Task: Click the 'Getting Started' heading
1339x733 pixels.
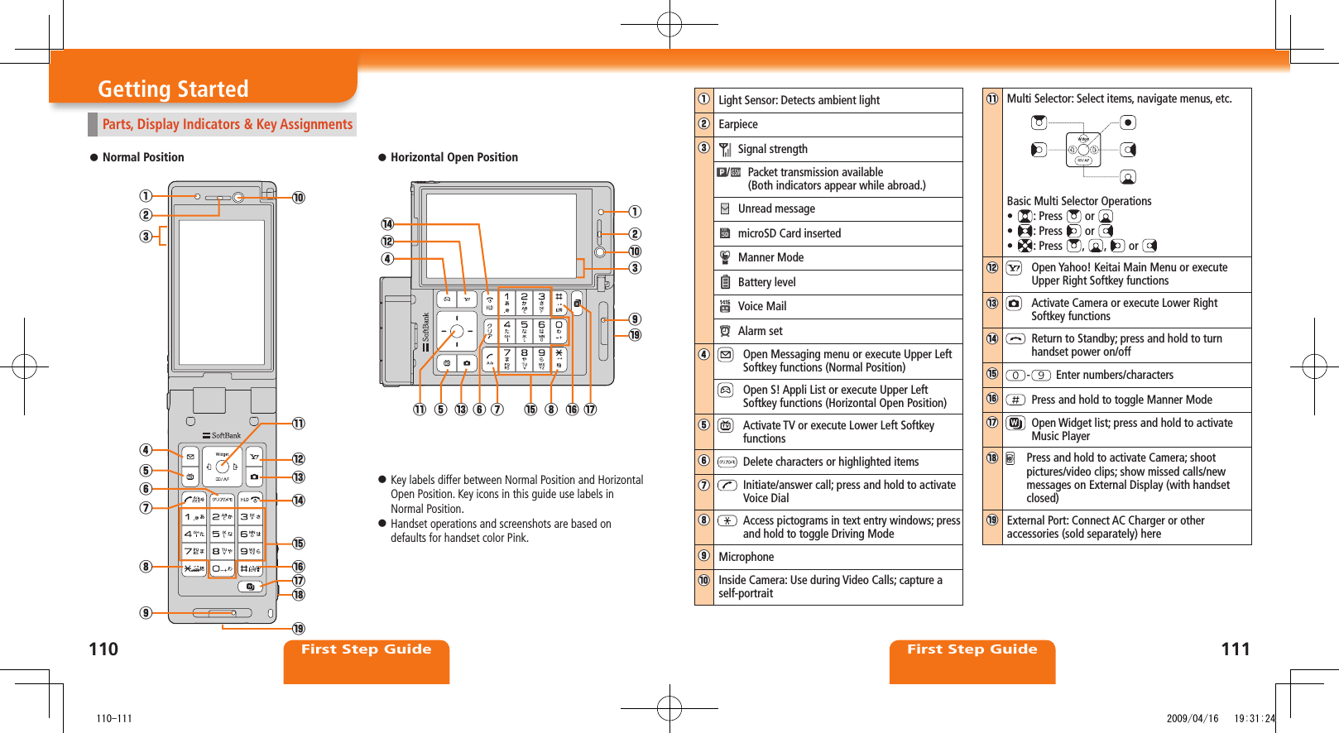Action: tap(173, 89)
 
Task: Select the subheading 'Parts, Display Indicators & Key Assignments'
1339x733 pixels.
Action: tap(227, 124)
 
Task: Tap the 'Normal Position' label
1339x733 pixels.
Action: tap(143, 157)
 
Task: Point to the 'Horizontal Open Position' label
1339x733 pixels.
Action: tap(454, 157)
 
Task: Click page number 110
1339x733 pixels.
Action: tap(103, 649)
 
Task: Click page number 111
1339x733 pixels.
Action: tap(1235, 649)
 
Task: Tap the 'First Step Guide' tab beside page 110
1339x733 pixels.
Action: tap(366, 649)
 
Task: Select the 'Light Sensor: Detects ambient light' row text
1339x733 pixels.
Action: tap(799, 100)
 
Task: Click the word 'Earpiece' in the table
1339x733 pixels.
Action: tap(737, 124)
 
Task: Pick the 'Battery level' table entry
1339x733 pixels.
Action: tap(766, 282)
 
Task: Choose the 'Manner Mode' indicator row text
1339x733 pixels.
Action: tap(770, 257)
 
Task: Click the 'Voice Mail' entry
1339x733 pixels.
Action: tap(761, 306)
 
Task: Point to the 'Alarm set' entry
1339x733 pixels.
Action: tap(760, 331)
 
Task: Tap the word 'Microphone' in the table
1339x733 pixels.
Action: tap(746, 557)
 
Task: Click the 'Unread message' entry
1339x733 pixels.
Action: tap(776, 208)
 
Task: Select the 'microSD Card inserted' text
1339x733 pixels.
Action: tap(789, 233)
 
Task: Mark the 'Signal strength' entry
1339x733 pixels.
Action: tap(772, 149)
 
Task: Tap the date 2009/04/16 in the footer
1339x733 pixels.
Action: tap(1192, 718)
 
